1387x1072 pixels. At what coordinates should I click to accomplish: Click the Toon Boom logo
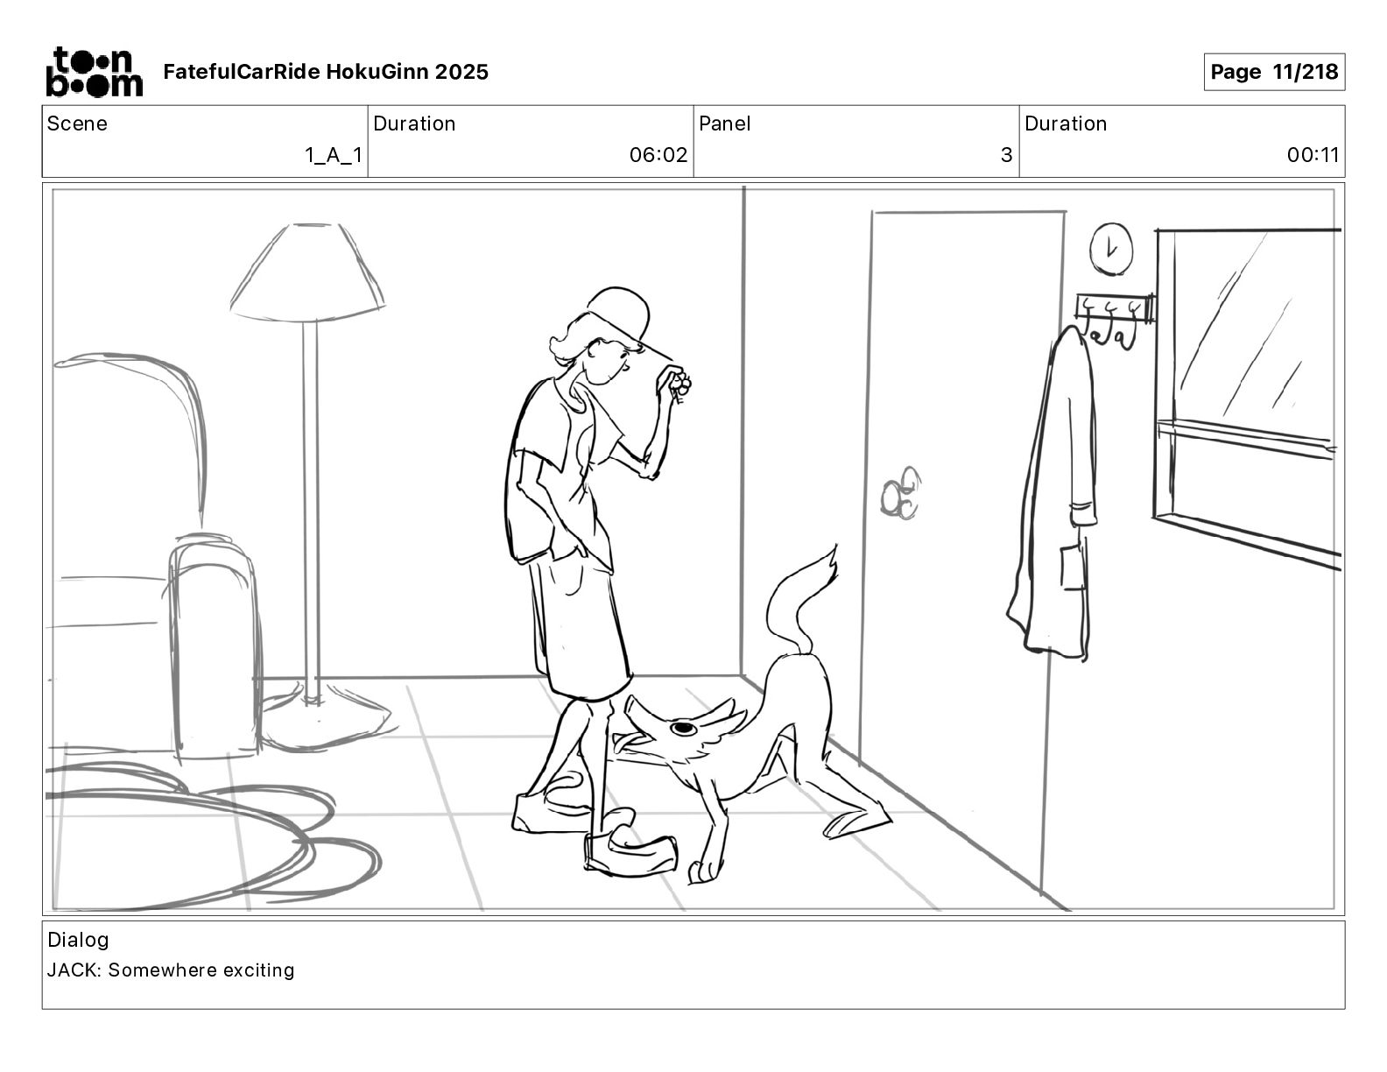point(95,72)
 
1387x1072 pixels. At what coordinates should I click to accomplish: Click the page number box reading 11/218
point(1274,72)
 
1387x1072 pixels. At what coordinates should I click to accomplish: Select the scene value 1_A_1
point(334,155)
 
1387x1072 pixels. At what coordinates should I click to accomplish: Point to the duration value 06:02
point(658,154)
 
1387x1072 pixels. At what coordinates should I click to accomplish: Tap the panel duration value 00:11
point(1313,154)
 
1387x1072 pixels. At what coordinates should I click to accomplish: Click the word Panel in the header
point(724,123)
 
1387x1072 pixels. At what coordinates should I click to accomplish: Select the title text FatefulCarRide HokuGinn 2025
point(326,72)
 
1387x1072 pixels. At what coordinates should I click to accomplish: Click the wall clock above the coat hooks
point(1110,249)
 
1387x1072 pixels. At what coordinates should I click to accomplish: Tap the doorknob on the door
point(900,492)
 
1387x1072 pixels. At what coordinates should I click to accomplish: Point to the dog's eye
point(684,727)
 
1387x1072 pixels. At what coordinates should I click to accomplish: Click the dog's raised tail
point(798,600)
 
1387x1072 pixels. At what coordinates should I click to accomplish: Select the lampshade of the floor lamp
point(307,272)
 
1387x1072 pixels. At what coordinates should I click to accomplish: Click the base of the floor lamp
point(326,722)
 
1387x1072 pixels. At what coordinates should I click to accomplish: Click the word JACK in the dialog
point(72,970)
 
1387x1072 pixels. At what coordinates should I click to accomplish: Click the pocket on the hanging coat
point(1074,565)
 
